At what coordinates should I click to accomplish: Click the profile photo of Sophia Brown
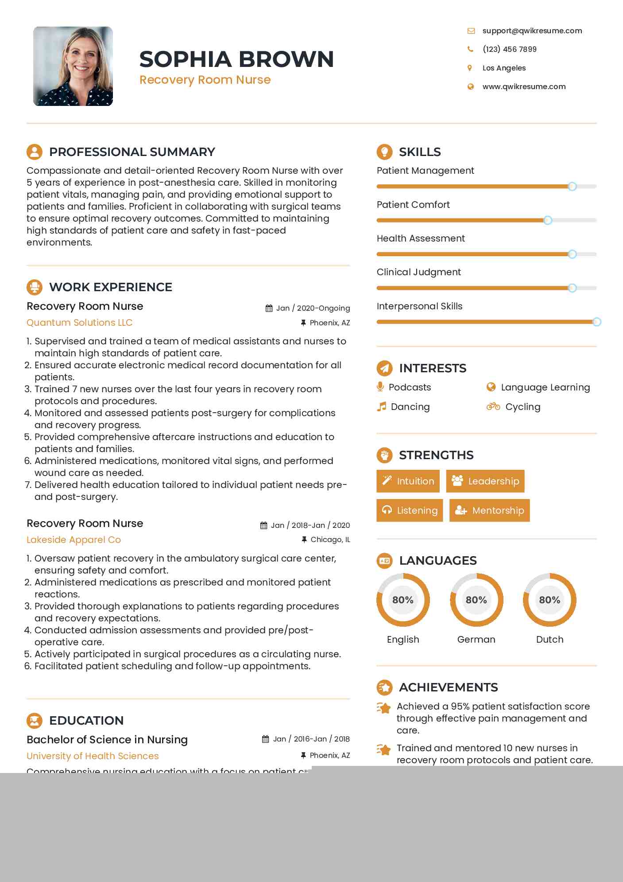coord(73,66)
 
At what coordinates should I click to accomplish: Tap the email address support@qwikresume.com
coord(532,31)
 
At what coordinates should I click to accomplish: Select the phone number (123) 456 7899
coord(509,49)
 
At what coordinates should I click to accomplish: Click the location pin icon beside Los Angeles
coord(470,68)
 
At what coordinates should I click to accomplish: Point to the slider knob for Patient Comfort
coord(548,220)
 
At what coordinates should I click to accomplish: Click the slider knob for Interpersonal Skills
coord(596,322)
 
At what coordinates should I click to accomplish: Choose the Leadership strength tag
coord(485,481)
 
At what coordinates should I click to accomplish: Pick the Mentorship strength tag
coord(489,510)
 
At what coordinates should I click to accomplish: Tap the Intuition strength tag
coord(408,481)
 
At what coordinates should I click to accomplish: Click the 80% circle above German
coord(476,600)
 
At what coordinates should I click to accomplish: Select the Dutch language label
coord(549,639)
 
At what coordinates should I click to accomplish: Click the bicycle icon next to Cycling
coord(493,406)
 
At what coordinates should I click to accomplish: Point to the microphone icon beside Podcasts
coord(380,386)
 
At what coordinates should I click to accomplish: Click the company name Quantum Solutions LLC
coord(80,322)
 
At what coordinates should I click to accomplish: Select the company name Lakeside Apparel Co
coord(74,539)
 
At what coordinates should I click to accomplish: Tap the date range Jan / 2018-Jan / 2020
coord(310,525)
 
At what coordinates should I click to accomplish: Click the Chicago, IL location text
coord(330,539)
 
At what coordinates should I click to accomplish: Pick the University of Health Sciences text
coord(93,756)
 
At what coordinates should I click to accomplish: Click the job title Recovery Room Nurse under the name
coord(205,80)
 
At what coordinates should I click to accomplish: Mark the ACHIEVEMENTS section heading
coord(448,687)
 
